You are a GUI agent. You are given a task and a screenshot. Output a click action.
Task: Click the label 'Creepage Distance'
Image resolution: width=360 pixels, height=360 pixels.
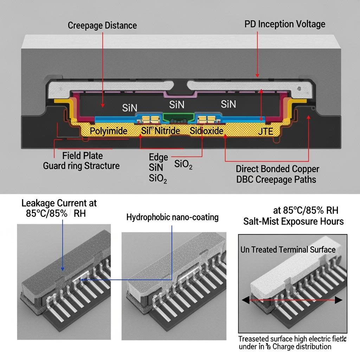[102, 25]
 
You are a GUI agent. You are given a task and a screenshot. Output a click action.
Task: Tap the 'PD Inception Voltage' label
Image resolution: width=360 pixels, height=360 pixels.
[285, 24]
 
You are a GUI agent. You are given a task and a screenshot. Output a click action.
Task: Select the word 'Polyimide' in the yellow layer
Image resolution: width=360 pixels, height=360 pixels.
[109, 131]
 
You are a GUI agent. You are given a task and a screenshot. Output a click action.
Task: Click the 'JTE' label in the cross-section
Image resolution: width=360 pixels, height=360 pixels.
[265, 132]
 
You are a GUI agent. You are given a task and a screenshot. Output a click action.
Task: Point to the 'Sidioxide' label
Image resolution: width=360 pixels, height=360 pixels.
[206, 131]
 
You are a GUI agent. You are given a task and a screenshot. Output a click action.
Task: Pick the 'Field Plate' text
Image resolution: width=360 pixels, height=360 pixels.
[82, 155]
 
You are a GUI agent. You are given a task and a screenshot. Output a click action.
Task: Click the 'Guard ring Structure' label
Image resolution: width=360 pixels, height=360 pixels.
[81, 166]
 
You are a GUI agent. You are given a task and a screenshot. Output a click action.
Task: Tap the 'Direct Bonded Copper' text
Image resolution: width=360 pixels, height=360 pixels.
[277, 169]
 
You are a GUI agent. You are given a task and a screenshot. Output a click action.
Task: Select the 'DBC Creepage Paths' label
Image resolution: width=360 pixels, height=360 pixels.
[276, 180]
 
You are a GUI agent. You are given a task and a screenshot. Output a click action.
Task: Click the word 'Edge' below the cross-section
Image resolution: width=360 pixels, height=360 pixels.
[159, 157]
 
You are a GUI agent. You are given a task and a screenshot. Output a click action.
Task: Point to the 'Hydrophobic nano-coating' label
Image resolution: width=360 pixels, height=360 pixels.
[172, 217]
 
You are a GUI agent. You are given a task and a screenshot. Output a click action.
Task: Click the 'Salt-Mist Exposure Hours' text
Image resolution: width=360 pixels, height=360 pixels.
[294, 221]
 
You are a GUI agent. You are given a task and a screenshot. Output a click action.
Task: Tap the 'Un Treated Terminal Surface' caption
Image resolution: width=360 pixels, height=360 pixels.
[288, 250]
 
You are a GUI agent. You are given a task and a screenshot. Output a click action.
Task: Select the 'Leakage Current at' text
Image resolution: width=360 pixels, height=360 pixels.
[59, 203]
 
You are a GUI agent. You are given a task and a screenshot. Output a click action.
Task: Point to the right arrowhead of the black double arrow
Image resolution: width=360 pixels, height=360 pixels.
[339, 300]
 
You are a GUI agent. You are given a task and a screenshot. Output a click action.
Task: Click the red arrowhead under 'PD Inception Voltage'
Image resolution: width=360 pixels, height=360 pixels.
[257, 75]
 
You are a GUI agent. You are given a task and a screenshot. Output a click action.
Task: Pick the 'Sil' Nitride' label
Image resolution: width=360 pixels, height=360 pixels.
[160, 131]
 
